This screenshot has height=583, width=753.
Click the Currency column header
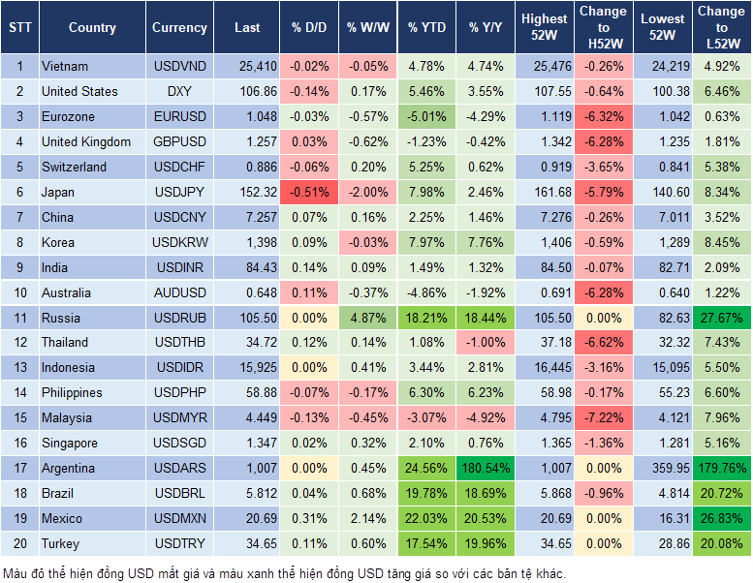pyautogui.click(x=179, y=28)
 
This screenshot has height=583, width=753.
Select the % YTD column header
pyautogui.click(x=426, y=28)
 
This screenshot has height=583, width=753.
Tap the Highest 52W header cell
pyautogui.click(x=545, y=27)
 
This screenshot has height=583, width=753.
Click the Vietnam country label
pyautogui.click(x=65, y=67)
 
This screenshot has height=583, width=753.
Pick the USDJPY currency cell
pyautogui.click(x=179, y=192)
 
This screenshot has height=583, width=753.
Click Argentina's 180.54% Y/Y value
pyautogui.click(x=486, y=469)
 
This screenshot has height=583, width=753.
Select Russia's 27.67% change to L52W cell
pyautogui.click(x=721, y=318)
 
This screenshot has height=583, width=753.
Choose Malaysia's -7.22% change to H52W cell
pyautogui.click(x=602, y=418)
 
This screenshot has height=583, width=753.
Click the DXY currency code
pyautogui.click(x=179, y=92)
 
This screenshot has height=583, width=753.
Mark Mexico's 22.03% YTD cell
pyautogui.click(x=426, y=519)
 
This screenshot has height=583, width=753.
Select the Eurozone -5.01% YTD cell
pyautogui.click(x=426, y=117)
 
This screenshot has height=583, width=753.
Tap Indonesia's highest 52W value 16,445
pyautogui.click(x=545, y=368)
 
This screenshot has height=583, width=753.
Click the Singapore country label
pyautogui.click(x=69, y=444)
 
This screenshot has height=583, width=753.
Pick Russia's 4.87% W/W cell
pyautogui.click(x=367, y=318)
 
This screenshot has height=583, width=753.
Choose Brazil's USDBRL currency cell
pyautogui.click(x=179, y=494)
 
